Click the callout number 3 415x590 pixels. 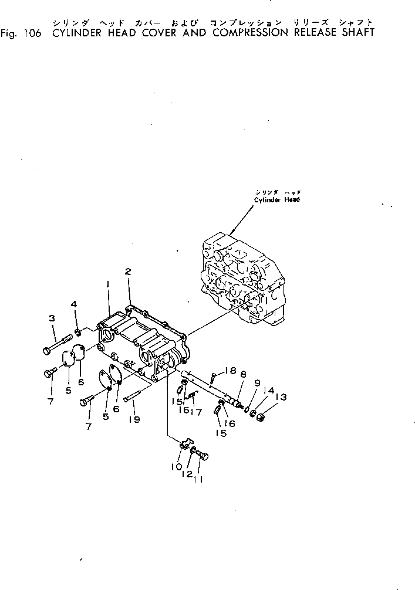pos(52,318)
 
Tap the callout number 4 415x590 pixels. pos(74,304)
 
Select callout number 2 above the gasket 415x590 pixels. pos(127,271)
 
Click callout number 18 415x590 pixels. pos(230,370)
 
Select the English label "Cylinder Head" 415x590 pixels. pos(277,199)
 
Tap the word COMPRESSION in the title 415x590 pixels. pos(251,32)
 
